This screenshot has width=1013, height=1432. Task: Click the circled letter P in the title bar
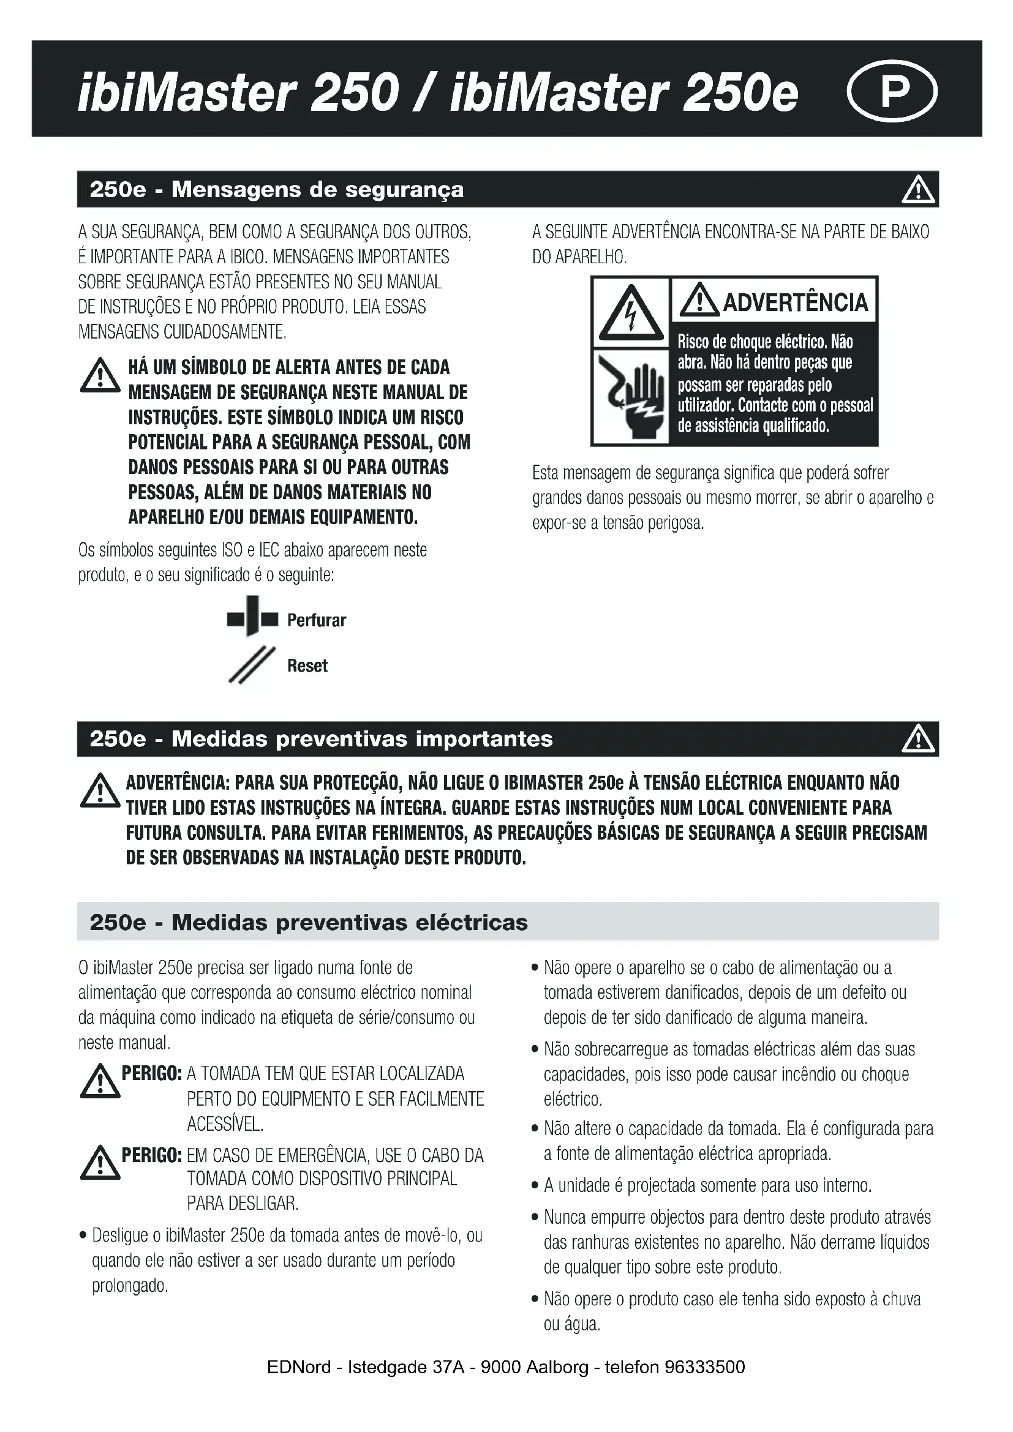[892, 91]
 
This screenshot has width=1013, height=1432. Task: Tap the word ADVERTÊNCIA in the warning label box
[795, 302]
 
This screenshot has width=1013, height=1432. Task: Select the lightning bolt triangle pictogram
[631, 313]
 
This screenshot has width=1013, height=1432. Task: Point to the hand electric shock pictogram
[631, 397]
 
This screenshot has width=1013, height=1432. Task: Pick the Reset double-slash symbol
[252, 665]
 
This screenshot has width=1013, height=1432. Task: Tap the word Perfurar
[316, 621]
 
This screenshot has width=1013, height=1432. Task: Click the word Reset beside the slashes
[307, 666]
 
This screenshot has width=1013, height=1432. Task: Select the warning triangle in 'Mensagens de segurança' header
[918, 190]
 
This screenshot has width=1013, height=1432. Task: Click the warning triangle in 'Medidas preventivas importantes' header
[918, 740]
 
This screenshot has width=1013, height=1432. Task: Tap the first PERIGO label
[151, 1073]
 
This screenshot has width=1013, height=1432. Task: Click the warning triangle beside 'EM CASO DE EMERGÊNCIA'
[100, 1163]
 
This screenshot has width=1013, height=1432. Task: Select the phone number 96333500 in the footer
[705, 1368]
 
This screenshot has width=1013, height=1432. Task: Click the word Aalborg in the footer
[557, 1368]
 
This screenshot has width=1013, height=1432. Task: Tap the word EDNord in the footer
[299, 1368]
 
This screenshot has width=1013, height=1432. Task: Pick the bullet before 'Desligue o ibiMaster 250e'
[83, 1236]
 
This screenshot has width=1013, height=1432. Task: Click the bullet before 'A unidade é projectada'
[535, 1186]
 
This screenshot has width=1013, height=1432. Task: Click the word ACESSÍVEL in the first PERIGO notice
[225, 1125]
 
